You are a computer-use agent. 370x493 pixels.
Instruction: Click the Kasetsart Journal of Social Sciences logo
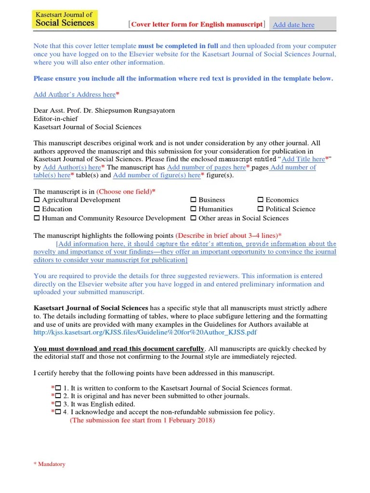(x=65, y=19)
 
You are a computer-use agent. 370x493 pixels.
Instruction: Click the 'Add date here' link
(x=293, y=25)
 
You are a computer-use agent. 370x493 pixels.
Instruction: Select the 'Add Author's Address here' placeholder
(x=75, y=95)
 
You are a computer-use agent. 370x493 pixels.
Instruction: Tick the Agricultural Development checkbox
(x=37, y=200)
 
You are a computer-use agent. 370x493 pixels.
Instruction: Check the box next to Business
(x=193, y=200)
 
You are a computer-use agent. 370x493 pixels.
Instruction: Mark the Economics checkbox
(x=260, y=200)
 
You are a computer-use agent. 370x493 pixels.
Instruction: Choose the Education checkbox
(x=37, y=209)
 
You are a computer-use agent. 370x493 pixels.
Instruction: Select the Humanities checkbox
(x=193, y=209)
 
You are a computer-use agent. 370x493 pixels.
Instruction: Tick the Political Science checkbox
(x=260, y=209)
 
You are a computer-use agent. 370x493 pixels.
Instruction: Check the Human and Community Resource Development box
(x=37, y=219)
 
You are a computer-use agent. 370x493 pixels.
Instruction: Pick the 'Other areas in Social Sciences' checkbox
(x=193, y=219)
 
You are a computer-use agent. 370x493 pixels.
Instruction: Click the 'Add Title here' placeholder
(x=303, y=159)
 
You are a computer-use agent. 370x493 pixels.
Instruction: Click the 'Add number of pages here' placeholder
(x=206, y=168)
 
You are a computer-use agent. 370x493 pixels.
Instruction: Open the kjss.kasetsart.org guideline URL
(x=145, y=333)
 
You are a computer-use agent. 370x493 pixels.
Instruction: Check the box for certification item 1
(x=58, y=388)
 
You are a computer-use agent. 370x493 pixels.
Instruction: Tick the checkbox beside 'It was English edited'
(x=58, y=404)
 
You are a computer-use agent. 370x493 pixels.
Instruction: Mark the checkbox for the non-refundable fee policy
(x=58, y=413)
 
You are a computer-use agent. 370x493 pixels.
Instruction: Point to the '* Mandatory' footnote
(x=49, y=465)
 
